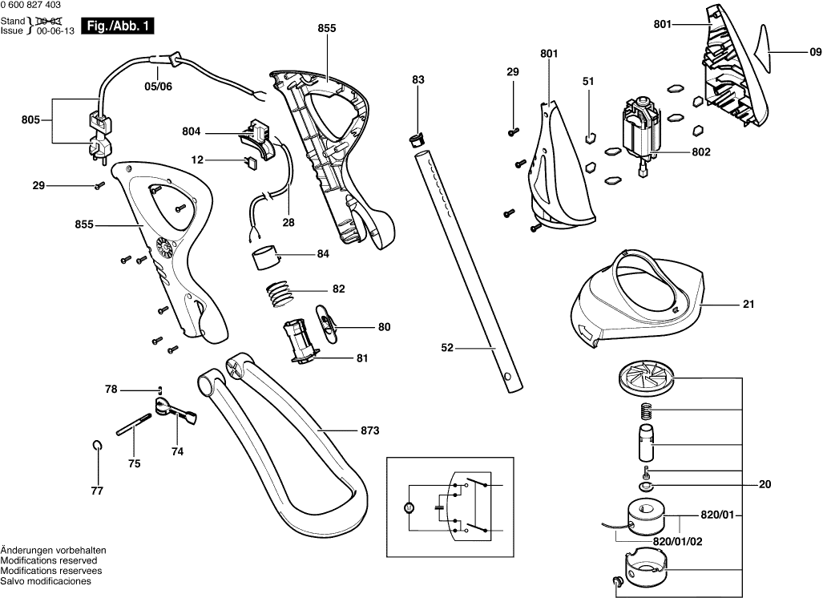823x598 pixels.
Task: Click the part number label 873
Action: pyautogui.click(x=369, y=431)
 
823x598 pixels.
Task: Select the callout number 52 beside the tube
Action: pyautogui.click(x=448, y=347)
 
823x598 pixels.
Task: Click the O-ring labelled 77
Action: pyautogui.click(x=97, y=446)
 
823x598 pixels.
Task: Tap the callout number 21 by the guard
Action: pyautogui.click(x=747, y=305)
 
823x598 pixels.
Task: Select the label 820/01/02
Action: pyautogui.click(x=677, y=541)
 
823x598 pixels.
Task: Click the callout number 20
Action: pyautogui.click(x=764, y=483)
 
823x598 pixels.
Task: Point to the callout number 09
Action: pyautogui.click(x=814, y=52)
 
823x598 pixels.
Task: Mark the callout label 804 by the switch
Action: pyautogui.click(x=192, y=131)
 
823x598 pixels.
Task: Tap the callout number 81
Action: pyautogui.click(x=361, y=358)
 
